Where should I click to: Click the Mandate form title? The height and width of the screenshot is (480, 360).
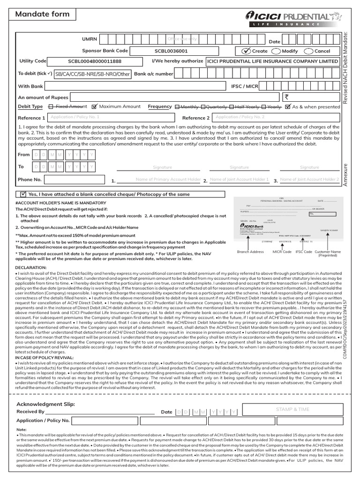point(42,14)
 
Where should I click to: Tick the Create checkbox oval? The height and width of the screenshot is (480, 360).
point(247,51)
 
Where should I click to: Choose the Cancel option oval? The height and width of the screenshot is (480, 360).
point(308,51)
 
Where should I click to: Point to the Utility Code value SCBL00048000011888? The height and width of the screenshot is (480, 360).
point(94,61)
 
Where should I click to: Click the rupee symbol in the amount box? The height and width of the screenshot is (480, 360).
point(287,97)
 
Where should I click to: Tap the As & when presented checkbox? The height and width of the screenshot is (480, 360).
point(288,107)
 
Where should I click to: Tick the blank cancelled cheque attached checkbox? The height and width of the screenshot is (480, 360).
point(23,194)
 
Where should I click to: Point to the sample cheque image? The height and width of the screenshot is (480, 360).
point(286,220)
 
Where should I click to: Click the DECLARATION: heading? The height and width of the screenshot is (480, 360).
point(35,267)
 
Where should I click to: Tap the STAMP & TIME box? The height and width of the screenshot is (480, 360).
point(292,409)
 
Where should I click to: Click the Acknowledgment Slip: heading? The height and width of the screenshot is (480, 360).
point(45,404)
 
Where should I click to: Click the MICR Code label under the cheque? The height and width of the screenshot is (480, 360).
point(282,252)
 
